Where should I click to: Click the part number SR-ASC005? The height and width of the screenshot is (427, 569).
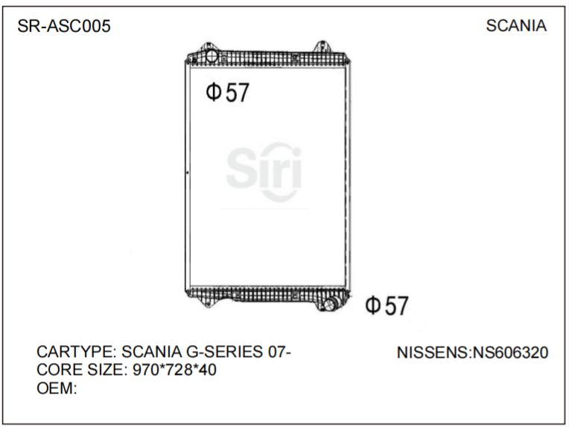point(64,27)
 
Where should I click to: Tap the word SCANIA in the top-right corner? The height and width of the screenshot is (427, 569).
point(516,26)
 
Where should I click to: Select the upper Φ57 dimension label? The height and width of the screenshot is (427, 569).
point(227,92)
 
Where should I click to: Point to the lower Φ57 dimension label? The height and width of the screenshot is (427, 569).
point(387,306)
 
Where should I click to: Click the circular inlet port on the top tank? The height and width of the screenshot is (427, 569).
point(212,57)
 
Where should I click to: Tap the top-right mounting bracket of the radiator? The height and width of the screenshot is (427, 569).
point(321,48)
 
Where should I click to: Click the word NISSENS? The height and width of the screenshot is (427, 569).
point(433,352)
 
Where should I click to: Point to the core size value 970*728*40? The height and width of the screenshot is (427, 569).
point(174,369)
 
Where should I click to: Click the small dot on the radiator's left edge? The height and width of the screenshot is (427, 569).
point(188,173)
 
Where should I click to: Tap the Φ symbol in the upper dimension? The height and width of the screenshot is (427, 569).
point(213,92)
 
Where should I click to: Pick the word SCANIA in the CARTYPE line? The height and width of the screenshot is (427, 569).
point(149,352)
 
